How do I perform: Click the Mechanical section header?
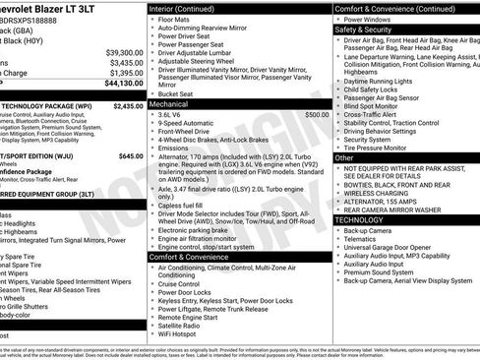[x=169, y=102]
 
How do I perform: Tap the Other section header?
[x=345, y=157]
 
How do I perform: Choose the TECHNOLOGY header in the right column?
[x=361, y=220]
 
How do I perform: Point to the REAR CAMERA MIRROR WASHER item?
[x=394, y=210]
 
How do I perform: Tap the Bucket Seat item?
[x=178, y=93]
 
